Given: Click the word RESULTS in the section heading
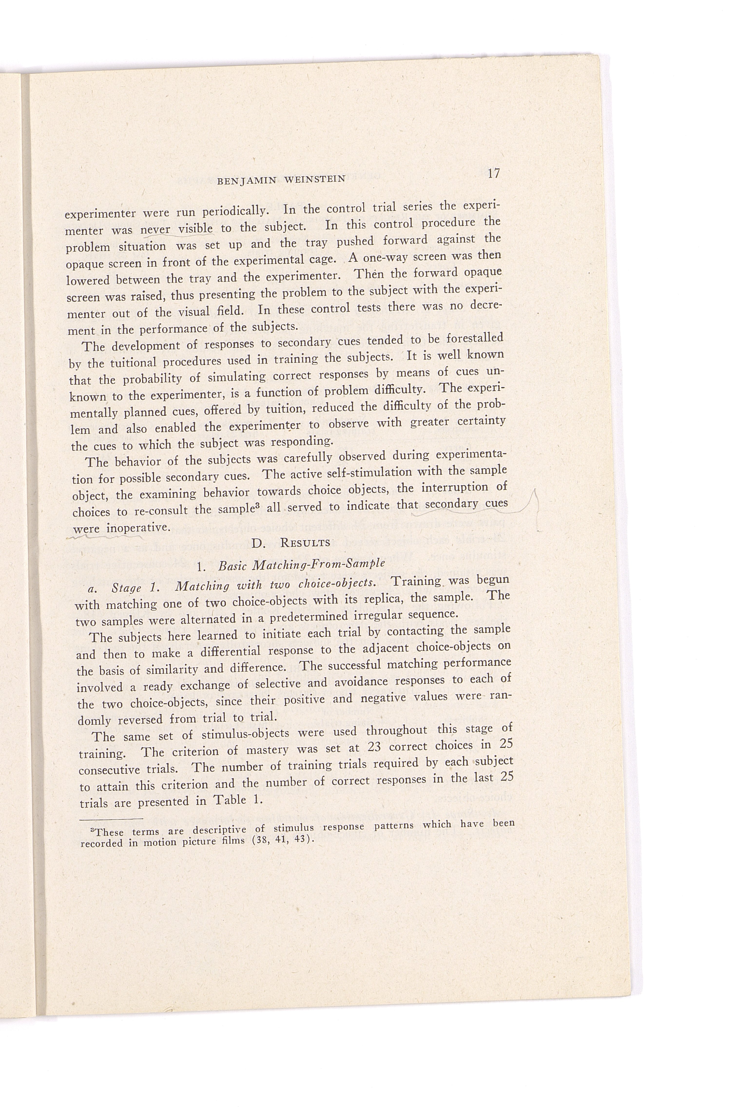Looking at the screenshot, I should (305, 542).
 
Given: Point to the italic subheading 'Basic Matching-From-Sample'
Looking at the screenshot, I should (301, 563).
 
